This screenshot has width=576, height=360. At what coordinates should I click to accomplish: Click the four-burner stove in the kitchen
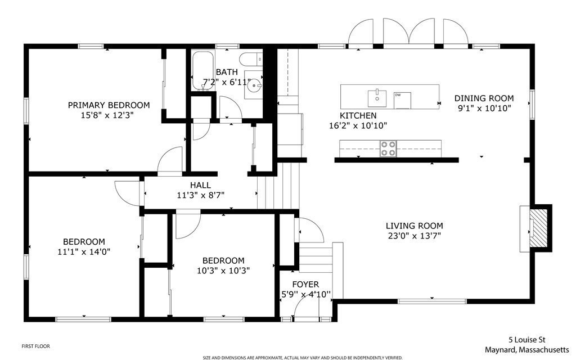(388, 148)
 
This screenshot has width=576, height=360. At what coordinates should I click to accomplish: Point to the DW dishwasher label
(398, 94)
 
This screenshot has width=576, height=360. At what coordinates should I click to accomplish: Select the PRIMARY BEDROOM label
(109, 105)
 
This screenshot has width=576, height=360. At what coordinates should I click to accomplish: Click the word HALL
(200, 185)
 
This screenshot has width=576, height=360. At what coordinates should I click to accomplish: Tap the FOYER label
(305, 284)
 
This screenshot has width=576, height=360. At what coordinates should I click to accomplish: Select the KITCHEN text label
(358, 115)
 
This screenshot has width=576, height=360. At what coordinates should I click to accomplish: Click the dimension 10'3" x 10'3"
(223, 270)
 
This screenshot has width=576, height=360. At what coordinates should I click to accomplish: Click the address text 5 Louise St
(527, 340)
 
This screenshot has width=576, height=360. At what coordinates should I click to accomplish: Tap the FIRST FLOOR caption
(39, 346)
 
